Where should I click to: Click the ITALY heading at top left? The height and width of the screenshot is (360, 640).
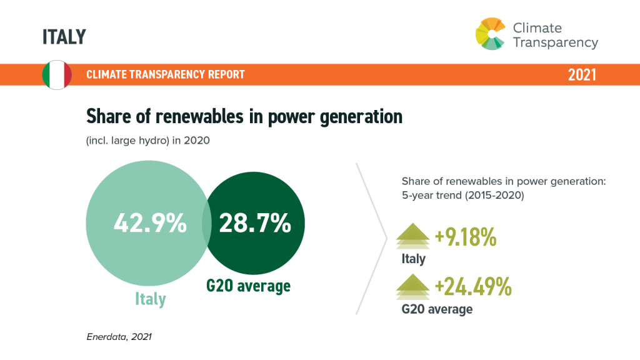(x=64, y=37)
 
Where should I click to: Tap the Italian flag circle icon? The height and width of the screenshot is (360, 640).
(x=57, y=75)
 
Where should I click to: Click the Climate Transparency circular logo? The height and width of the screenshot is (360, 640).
(x=491, y=33)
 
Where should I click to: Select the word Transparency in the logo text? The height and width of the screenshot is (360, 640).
(x=555, y=42)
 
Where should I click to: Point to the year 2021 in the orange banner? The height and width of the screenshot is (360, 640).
(x=581, y=75)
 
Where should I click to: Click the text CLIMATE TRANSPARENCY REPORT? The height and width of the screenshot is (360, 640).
(x=166, y=75)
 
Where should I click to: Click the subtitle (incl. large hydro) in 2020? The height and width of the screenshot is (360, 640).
(x=147, y=141)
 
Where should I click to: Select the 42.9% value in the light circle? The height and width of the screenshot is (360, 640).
(x=150, y=223)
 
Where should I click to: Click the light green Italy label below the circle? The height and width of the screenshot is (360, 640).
(x=151, y=299)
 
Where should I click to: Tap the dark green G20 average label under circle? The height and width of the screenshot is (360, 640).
(x=248, y=286)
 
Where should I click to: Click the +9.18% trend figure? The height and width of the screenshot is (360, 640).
(x=466, y=237)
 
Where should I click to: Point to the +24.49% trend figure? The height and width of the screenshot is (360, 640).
(x=473, y=287)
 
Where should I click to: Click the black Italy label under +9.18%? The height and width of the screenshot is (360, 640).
(x=413, y=259)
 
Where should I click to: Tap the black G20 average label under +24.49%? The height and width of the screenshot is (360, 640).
(x=437, y=309)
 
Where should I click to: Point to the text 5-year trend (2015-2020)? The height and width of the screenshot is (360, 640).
(x=463, y=194)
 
